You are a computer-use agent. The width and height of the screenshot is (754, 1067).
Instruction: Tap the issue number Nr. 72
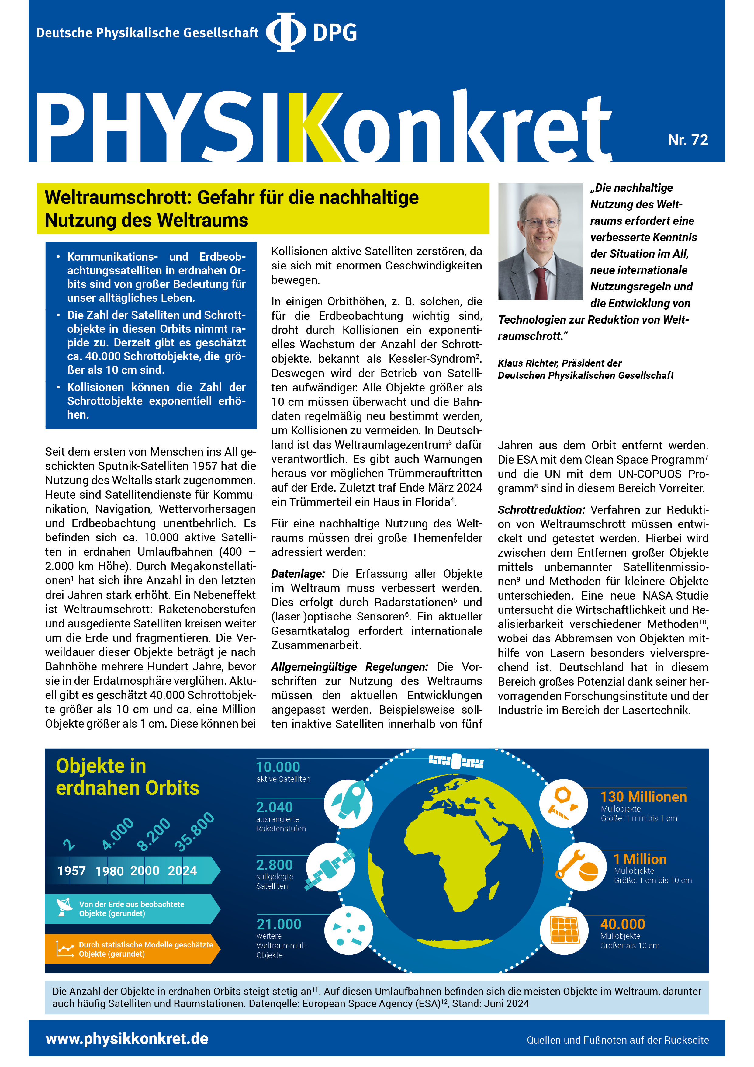point(687,140)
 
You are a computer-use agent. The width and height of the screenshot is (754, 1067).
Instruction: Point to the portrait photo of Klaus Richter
point(540,241)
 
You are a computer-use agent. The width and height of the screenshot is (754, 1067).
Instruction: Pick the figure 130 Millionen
point(643,797)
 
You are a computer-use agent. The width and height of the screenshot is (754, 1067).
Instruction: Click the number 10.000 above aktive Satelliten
point(278,767)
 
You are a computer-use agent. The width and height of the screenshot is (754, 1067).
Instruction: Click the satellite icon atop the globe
point(456,761)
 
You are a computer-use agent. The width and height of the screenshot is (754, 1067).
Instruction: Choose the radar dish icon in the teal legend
point(64,907)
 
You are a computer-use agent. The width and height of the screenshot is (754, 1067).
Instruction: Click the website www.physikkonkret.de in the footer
point(127,1039)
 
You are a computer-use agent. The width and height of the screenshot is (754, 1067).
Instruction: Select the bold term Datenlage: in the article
point(298,574)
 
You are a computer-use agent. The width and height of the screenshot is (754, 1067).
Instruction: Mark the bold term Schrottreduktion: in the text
point(541,510)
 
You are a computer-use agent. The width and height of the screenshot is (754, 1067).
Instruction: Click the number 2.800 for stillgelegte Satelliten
point(274,865)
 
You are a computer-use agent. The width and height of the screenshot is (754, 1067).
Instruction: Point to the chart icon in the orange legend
point(64,948)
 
